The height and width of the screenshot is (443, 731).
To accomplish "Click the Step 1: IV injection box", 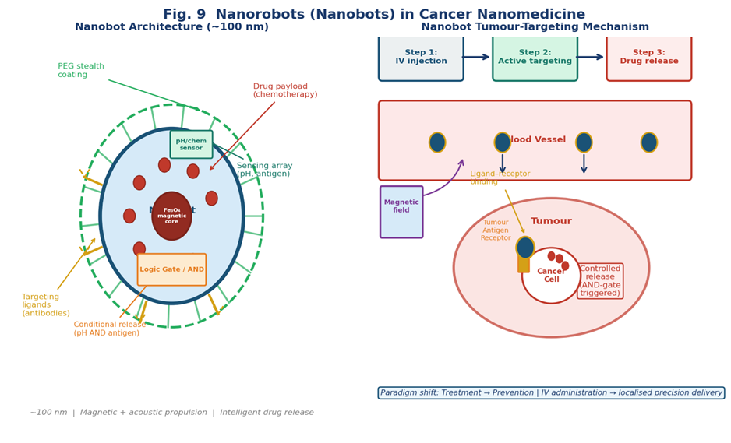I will point(421,57).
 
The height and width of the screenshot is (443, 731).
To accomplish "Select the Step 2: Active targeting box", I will point(535,57).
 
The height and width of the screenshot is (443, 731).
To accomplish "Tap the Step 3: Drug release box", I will point(648,57).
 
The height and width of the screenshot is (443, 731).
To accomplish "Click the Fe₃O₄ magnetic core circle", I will point(171,216).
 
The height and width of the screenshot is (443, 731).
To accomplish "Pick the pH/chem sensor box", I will point(191,145).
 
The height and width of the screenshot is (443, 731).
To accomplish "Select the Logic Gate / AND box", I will point(171,269).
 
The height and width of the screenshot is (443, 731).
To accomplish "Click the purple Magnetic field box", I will point(401,212).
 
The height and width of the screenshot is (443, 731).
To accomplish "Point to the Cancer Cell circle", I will point(551,276).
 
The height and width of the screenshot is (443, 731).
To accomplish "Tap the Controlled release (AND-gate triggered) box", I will point(600,281).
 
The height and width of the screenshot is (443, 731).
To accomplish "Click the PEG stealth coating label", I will point(81,71).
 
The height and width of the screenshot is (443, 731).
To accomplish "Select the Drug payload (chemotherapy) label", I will point(285,90).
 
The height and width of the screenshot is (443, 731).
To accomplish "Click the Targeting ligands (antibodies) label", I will point(46,305).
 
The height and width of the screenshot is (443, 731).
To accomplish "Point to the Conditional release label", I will point(110,329).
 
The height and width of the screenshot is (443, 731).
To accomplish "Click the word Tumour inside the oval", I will point(551,222).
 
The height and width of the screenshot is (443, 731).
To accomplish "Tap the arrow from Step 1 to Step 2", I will point(476,57).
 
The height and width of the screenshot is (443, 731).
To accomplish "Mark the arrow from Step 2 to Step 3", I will point(591,57).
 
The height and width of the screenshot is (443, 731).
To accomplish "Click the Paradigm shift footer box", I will point(551,393).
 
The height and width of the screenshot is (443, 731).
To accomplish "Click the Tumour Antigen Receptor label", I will point(496,230).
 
